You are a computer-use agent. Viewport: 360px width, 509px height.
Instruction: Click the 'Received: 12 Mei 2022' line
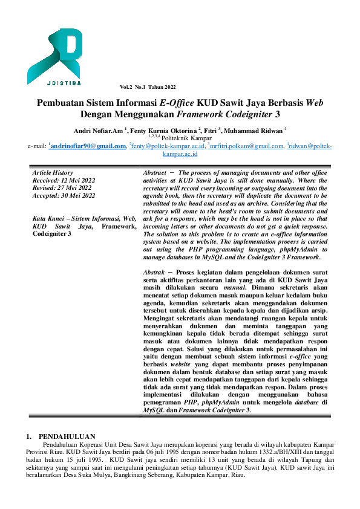[x=64, y=180]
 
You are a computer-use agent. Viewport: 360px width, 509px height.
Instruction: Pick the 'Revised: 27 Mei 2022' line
[x=62, y=187]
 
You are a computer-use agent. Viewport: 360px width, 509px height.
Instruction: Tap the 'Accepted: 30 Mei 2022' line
[x=64, y=195]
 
